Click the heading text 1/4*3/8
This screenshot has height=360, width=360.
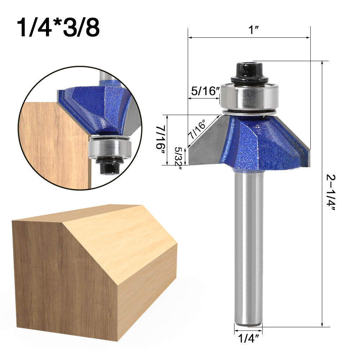[58, 28]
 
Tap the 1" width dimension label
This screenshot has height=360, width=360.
[254, 30]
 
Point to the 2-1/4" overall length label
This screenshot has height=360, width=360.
[331, 194]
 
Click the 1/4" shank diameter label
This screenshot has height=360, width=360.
[248, 338]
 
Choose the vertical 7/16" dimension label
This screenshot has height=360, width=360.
[161, 139]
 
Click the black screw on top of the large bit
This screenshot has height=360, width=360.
[249, 72]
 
